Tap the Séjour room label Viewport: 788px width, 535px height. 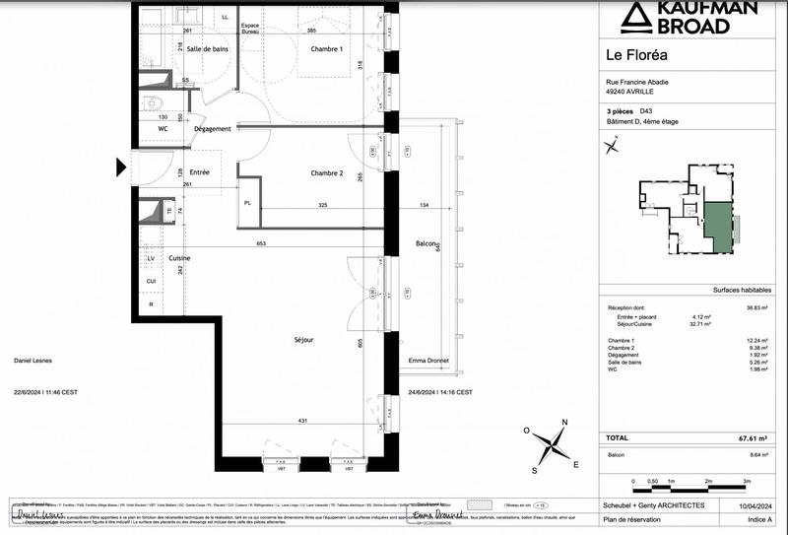tap(303, 339)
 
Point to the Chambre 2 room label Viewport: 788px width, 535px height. tap(326, 173)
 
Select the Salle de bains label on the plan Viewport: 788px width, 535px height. tap(208, 49)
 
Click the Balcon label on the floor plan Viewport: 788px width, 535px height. tap(426, 243)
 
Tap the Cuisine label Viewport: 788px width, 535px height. tap(178, 258)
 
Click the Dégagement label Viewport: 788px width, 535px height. tap(212, 129)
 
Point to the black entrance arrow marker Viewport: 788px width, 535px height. tap(121, 167)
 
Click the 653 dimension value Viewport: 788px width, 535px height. tap(260, 243)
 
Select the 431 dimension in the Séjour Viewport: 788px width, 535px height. tap(301, 422)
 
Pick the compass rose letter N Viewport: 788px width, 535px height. tap(563, 423)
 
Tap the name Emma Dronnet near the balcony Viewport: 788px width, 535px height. tap(428, 361)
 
